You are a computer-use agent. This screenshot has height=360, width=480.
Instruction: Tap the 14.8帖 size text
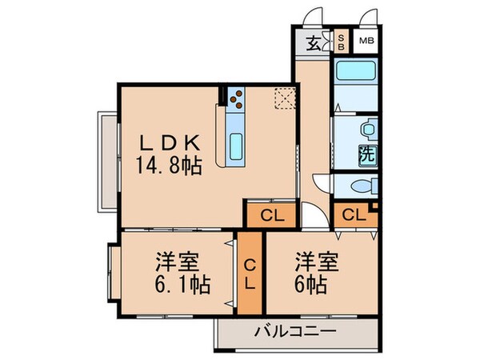[169, 166]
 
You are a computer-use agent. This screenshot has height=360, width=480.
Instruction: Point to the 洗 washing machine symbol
[368, 154]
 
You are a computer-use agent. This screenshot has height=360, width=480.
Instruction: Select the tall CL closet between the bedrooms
[250, 272]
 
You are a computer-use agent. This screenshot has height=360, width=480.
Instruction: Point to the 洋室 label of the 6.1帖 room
[177, 262]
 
